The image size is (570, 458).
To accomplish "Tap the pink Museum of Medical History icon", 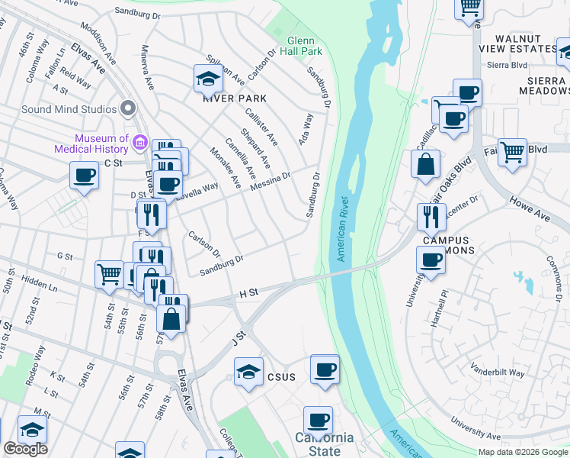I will (139, 142).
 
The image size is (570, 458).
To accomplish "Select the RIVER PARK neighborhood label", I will (234, 98).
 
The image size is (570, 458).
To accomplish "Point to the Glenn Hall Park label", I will (304, 46).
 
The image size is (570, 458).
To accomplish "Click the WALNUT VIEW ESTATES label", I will (525, 44).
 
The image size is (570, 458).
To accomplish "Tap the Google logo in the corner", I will (25, 449).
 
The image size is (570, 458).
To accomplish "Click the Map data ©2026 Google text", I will (522, 452).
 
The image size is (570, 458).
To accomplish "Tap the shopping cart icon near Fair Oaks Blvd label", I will (512, 151).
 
